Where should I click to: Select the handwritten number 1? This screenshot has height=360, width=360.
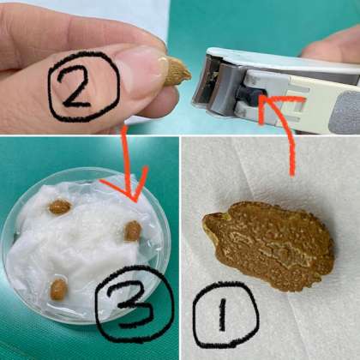pyautogui.click(x=223, y=315)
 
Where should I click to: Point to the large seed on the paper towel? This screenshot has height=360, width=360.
pyautogui.click(x=268, y=245)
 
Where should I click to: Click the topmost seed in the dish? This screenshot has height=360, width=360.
pyautogui.click(x=60, y=207)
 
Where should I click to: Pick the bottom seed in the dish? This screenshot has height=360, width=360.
pyautogui.click(x=58, y=289)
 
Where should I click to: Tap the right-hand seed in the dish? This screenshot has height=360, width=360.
pyautogui.click(x=133, y=231)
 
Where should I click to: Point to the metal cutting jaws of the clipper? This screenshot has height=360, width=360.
pyautogui.click(x=213, y=86)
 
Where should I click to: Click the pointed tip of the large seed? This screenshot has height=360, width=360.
pyautogui.click(x=204, y=220)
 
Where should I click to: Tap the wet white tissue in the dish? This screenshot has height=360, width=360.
pyautogui.click(x=86, y=251)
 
